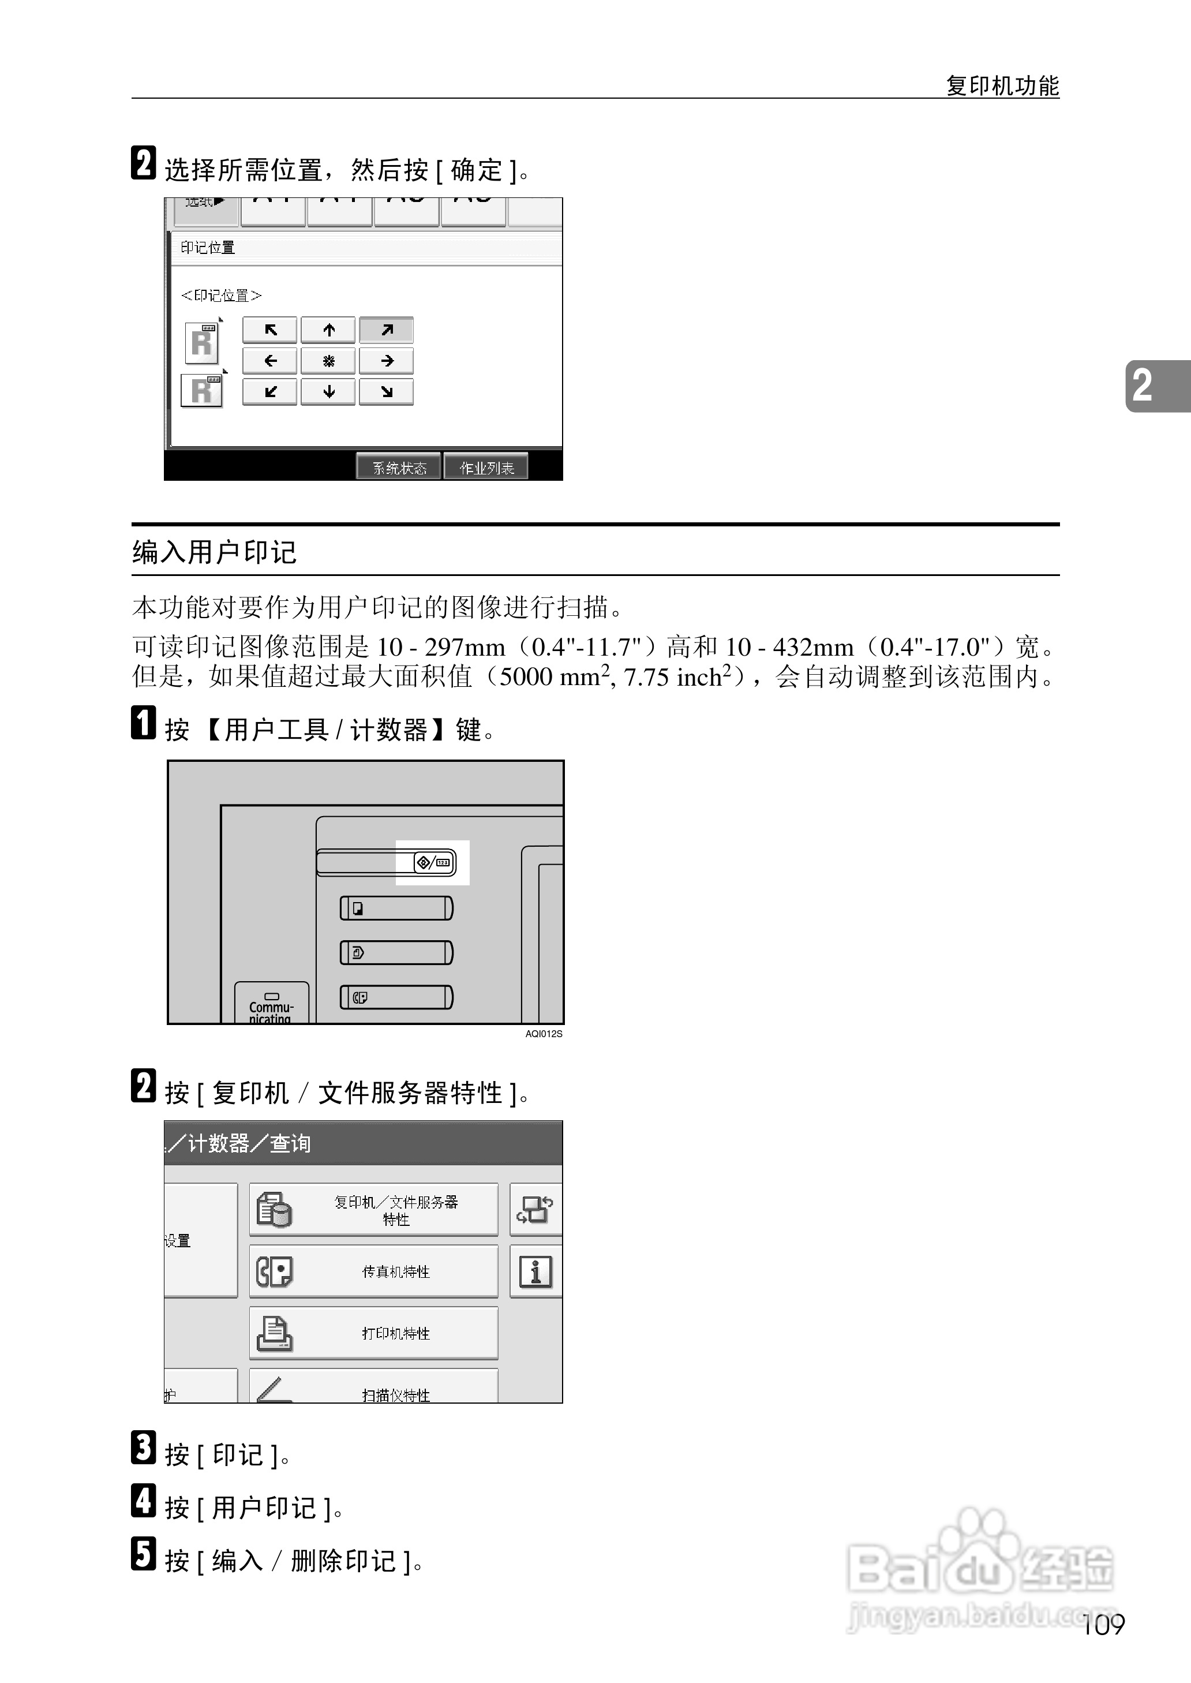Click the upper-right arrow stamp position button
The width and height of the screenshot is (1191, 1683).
click(x=387, y=330)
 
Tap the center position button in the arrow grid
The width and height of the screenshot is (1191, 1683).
click(x=328, y=361)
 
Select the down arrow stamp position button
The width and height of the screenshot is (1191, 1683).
click(x=328, y=391)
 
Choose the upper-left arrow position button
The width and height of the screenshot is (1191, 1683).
click(x=270, y=330)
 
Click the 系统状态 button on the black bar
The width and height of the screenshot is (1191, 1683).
click(x=399, y=467)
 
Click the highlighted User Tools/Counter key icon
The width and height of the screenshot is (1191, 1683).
click(x=433, y=862)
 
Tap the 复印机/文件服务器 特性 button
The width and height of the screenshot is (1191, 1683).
click(x=374, y=1209)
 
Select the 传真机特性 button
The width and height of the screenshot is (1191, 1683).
click(x=374, y=1271)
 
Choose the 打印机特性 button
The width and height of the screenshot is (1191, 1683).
click(x=374, y=1333)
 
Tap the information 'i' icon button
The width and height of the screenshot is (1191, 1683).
click(x=535, y=1271)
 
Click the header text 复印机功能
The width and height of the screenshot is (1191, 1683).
click(x=1002, y=86)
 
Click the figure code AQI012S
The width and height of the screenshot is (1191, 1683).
click(x=544, y=1034)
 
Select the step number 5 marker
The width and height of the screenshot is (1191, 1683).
click(x=144, y=1554)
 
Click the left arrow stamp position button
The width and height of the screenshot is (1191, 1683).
click(x=270, y=361)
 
